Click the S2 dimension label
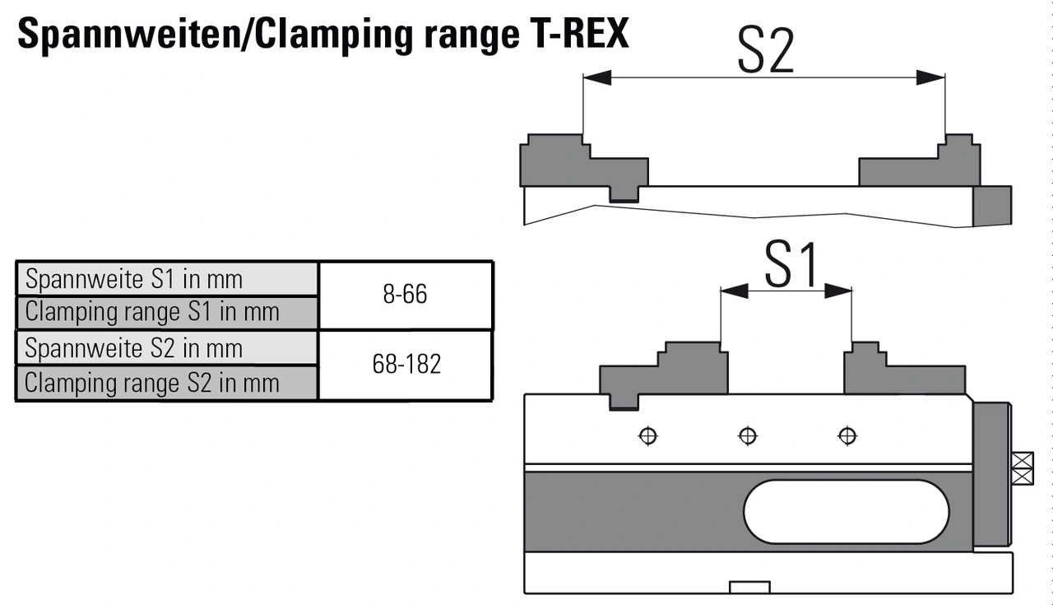pyautogui.click(x=765, y=52)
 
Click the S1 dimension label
pyautogui.click(x=792, y=265)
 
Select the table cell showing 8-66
pyautogui.click(x=405, y=295)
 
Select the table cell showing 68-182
pyautogui.click(x=406, y=365)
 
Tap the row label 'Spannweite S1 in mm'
pyautogui.click(x=134, y=279)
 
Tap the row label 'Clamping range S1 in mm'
pyautogui.click(x=152, y=312)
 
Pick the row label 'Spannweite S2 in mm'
pyautogui.click(x=134, y=348)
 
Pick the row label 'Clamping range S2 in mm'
pyautogui.click(x=152, y=383)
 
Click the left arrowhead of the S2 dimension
pyautogui.click(x=596, y=78)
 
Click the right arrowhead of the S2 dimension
pyautogui.click(x=930, y=78)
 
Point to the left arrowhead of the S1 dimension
pyautogui.click(x=734, y=291)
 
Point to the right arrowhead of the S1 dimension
pyautogui.click(x=838, y=291)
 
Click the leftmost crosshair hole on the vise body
pyautogui.click(x=648, y=435)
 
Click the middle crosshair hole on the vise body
pyautogui.click(x=748, y=435)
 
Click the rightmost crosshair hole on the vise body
pyautogui.click(x=847, y=435)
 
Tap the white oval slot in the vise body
pyautogui.click(x=846, y=512)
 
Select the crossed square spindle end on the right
pyautogui.click(x=1022, y=468)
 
